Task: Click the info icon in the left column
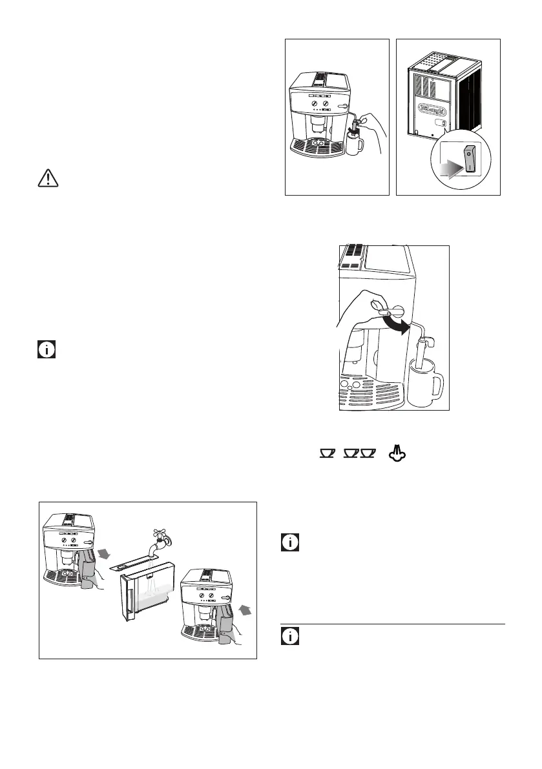(46, 351)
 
